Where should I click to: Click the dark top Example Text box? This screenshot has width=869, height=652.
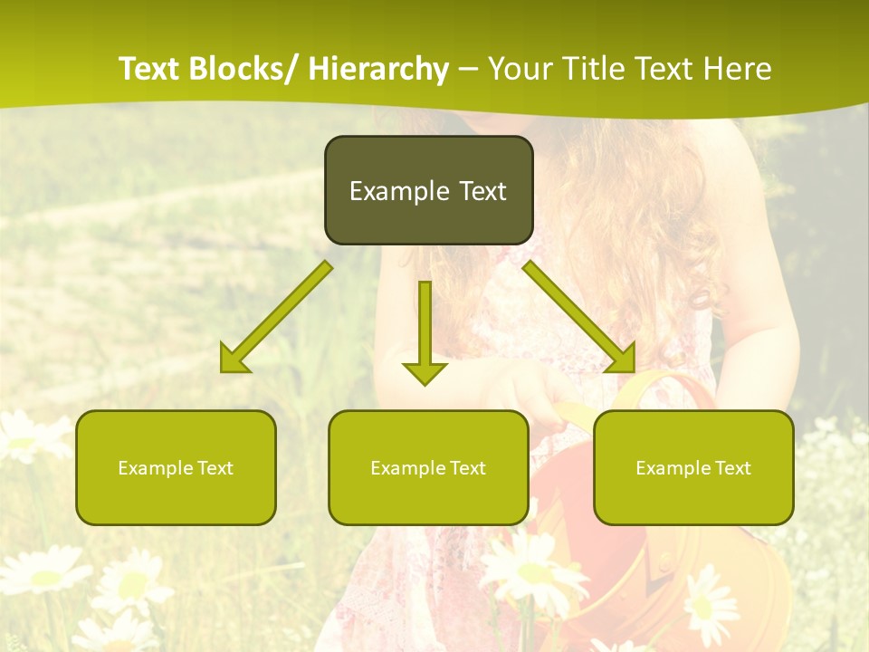pos(428,190)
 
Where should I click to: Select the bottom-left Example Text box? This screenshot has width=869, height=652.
pos(176,467)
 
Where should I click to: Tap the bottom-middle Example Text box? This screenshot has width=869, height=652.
pos(428,467)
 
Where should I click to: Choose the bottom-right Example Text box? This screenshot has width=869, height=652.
pos(693,467)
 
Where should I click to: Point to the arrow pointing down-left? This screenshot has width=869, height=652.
pos(277,316)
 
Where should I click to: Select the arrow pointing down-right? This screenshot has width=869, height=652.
pos(579,316)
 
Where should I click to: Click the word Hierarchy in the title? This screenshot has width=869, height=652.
pos(378,69)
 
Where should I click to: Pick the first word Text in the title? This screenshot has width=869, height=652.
pos(150,69)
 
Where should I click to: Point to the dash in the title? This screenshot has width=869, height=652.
pos(468,69)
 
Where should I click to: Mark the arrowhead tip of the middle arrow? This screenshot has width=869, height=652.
pos(425,383)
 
